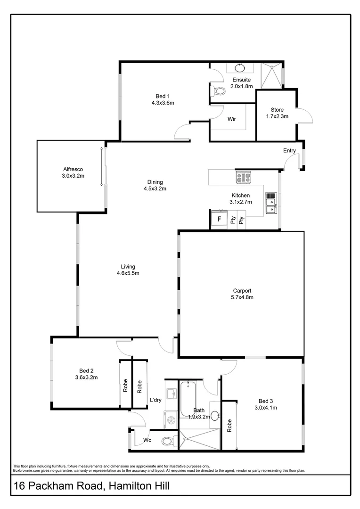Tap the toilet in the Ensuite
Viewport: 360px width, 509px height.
pos(218,90)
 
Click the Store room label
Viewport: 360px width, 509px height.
pos(277,109)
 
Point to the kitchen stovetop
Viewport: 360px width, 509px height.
pos(243,177)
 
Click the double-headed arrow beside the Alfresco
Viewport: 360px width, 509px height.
pos(101,166)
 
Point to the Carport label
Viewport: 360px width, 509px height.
pos(242,291)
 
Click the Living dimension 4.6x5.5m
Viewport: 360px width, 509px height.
pos(128,273)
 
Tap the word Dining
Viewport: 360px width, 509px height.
pos(155,182)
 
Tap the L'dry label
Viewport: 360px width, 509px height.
pos(156,400)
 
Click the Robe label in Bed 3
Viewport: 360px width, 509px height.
pos(229,426)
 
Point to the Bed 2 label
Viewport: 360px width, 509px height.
pos(86,370)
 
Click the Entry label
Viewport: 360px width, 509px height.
pos(289,151)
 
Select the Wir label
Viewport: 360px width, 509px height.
pos(231,119)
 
